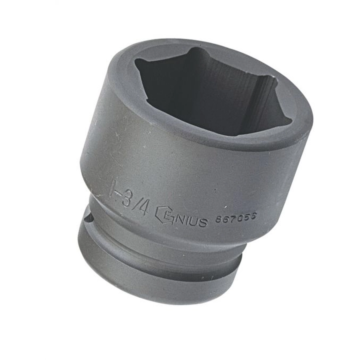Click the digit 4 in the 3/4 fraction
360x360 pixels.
[x=143, y=207]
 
